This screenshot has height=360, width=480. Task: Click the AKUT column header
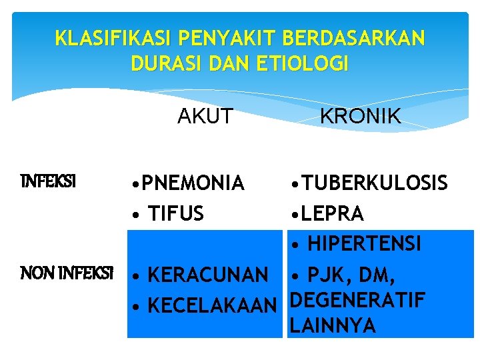205,117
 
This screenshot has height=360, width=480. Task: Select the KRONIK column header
360,117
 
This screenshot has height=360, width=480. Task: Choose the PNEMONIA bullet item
193,183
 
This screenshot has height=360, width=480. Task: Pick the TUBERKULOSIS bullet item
375,183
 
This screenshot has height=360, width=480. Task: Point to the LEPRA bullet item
333,213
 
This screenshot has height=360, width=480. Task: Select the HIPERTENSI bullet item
364,244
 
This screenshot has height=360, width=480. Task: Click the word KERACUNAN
207,274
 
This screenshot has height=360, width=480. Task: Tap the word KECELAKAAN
211,305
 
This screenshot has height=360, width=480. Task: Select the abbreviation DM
381,274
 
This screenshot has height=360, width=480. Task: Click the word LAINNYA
333,326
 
